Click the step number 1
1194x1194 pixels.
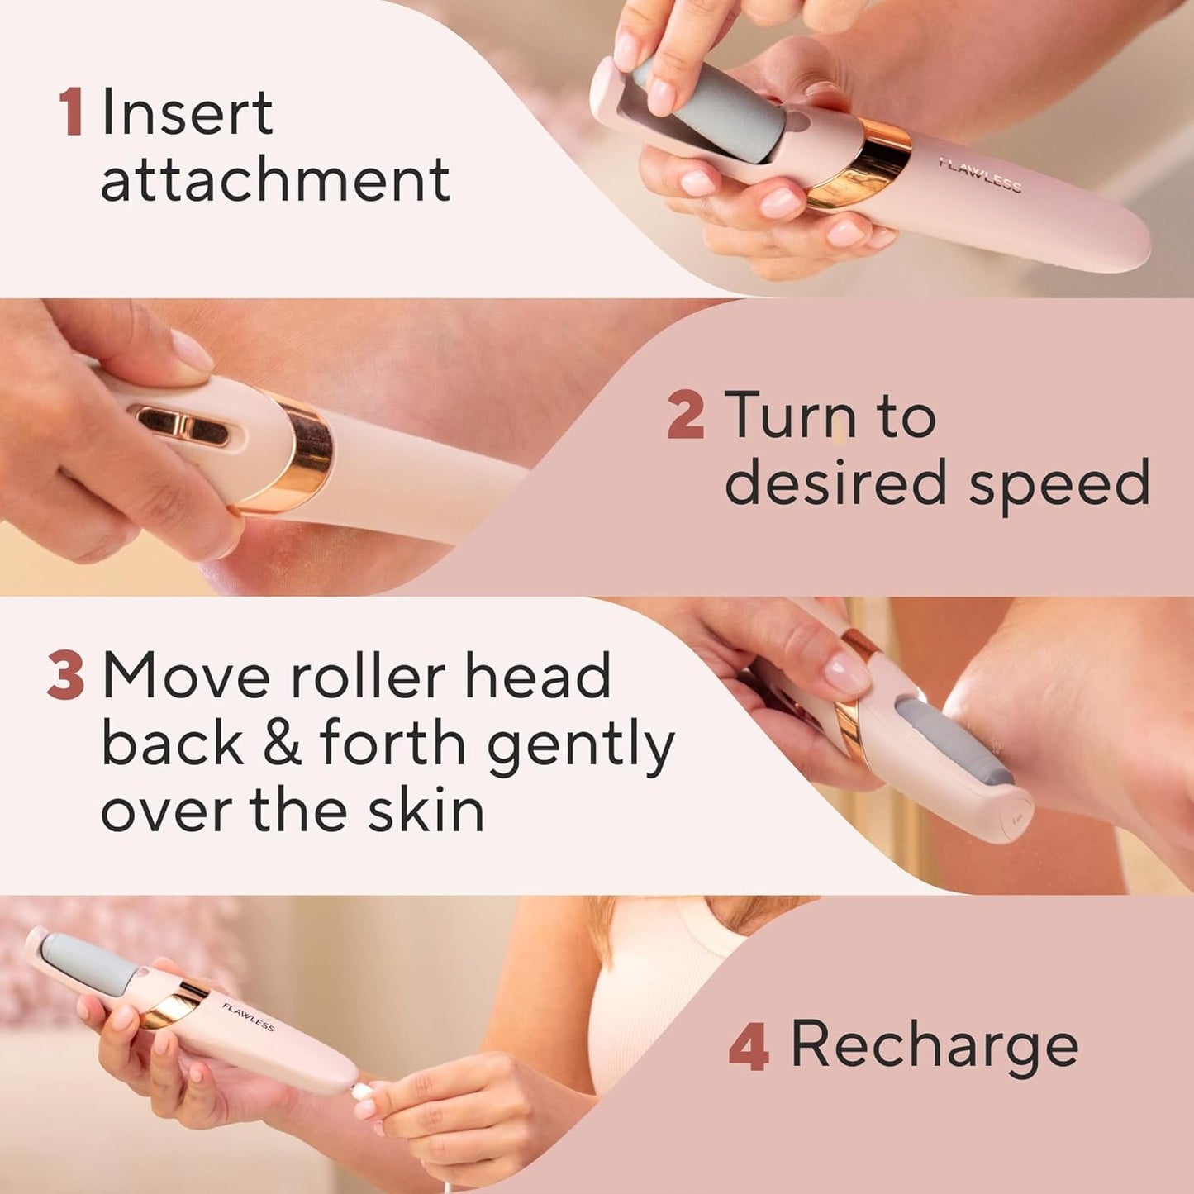pyautogui.click(x=70, y=112)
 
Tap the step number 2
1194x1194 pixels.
pyautogui.click(x=685, y=416)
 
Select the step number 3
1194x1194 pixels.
pyautogui.click(x=65, y=676)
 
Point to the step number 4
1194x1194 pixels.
pyautogui.click(x=749, y=1046)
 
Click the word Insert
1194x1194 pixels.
pyautogui.click(x=187, y=112)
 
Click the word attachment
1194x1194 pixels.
pyautogui.click(x=275, y=180)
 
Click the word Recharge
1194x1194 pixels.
pyautogui.click(x=935, y=1044)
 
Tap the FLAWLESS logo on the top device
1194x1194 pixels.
pyautogui.click(x=980, y=174)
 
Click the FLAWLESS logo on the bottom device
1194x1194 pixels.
pyautogui.click(x=248, y=1016)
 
